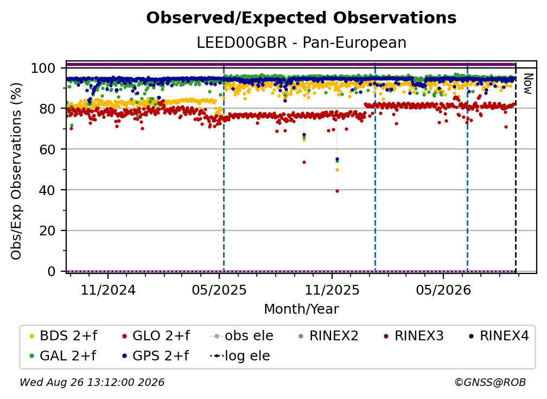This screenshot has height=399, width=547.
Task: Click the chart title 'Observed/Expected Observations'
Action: pyautogui.click(x=301, y=18)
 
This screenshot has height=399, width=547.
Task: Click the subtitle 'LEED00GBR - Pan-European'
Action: pyautogui.click(x=301, y=42)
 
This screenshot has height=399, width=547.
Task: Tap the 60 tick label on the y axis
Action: pyautogui.click(x=47, y=149)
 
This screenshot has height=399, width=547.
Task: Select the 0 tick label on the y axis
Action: pyautogui.click(x=51, y=271)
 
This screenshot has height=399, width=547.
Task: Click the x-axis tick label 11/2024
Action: pyautogui.click(x=108, y=290)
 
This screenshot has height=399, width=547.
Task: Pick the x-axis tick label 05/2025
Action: pyautogui.click(x=219, y=290)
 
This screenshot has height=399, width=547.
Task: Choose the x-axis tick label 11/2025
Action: pyautogui.click(x=332, y=290)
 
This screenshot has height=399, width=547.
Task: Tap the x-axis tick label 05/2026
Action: pyautogui.click(x=443, y=290)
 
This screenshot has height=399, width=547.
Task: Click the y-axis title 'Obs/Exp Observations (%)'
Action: pyautogui.click(x=16, y=171)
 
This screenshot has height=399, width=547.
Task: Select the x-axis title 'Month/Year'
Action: pyautogui.click(x=301, y=309)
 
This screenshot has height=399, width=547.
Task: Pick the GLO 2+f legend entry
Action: pyautogui.click(x=156, y=336)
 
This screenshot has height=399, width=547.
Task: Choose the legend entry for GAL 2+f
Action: pyautogui.click(x=62, y=356)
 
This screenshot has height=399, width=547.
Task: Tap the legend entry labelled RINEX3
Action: pyautogui.click(x=414, y=336)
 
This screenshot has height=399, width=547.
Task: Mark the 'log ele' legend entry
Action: pyautogui.click(x=240, y=356)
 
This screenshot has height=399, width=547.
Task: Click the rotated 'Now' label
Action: pyautogui.click(x=528, y=84)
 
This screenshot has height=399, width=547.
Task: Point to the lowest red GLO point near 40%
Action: pyautogui.click(x=337, y=191)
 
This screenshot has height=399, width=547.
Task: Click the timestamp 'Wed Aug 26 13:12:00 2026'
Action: pyautogui.click(x=92, y=382)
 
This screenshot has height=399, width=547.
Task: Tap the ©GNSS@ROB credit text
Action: pyautogui.click(x=490, y=382)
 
